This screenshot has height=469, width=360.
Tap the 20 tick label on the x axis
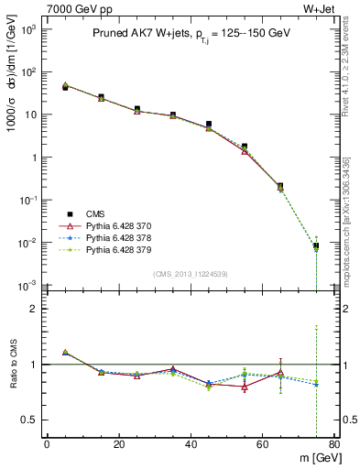[x=118, y=444]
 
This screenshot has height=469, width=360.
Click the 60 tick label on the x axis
[x=262, y=444]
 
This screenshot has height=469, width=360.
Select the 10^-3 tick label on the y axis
[x=30, y=286]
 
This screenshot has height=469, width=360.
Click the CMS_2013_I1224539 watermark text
[x=191, y=274]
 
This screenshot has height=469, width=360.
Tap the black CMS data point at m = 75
[x=316, y=245]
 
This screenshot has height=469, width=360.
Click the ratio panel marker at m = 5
[x=65, y=352]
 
